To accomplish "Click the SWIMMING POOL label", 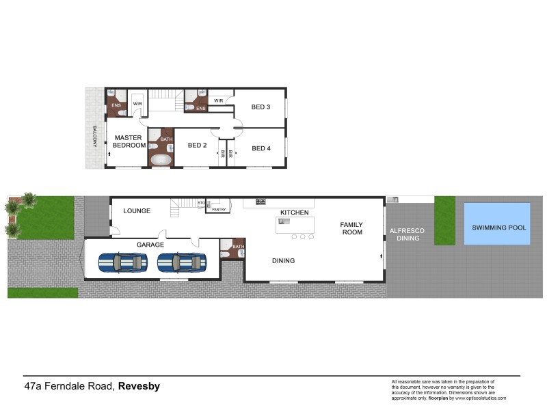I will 498,228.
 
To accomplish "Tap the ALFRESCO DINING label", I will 407,235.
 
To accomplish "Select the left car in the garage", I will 123,262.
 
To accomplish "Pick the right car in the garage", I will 182,262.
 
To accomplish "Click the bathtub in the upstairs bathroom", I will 161,159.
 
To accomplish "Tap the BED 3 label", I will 261,107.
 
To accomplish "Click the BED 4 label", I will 261,148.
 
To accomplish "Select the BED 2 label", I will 197,145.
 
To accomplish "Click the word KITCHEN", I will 295,213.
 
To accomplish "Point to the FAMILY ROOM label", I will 351,228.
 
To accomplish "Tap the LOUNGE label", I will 137,210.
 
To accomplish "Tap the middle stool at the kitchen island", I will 302,237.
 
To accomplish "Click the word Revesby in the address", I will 139,386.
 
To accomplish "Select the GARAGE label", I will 150,244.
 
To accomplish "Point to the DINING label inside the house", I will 283,260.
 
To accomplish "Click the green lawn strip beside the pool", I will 444,221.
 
